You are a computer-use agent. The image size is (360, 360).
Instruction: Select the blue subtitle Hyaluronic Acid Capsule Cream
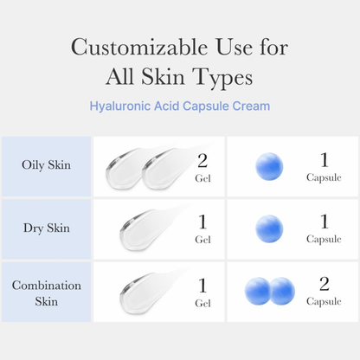coord(179,106)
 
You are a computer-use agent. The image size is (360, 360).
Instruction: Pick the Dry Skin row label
coord(46,228)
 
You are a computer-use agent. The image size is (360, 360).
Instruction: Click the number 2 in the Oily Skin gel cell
coord(202,161)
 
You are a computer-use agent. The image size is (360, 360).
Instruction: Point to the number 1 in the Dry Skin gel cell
coord(202,223)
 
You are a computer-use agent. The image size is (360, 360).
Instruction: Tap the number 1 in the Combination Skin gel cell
coord(202,286)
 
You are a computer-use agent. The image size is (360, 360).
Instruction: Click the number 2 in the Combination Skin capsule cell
coord(324,286)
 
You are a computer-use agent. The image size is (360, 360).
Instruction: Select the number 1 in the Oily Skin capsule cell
coord(324,161)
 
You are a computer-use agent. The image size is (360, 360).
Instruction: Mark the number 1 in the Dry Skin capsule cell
coord(324,223)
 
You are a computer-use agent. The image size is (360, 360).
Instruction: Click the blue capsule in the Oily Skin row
coord(269,167)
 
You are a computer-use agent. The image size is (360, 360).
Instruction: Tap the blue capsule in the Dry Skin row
coord(269,229)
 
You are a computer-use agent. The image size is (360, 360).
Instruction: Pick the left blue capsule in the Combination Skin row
coord(258,292)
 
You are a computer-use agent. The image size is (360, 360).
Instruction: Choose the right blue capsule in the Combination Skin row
coord(281,292)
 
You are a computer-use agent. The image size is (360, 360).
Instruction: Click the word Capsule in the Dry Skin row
coord(324,240)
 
